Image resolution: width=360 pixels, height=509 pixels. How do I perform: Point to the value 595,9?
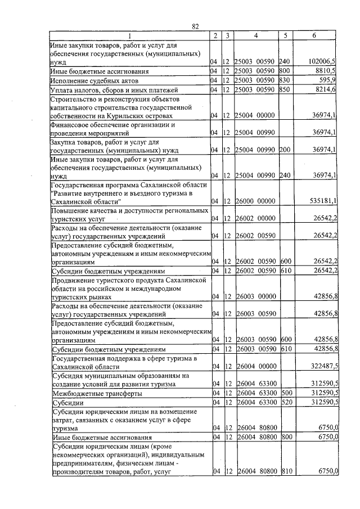(327, 80)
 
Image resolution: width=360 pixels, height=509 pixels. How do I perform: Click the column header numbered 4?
(255, 35)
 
